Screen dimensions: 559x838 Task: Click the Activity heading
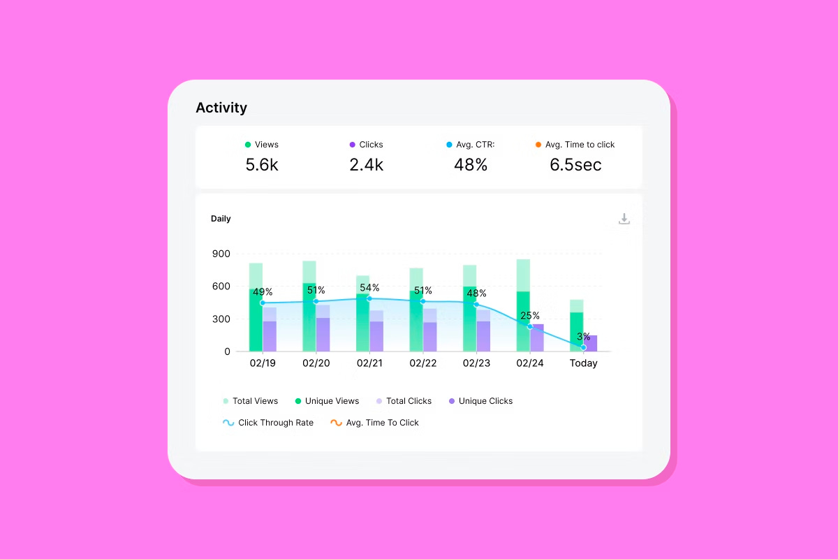(221, 108)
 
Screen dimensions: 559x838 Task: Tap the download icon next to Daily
(624, 219)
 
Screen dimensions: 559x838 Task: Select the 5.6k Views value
(262, 165)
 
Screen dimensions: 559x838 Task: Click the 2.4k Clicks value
(366, 165)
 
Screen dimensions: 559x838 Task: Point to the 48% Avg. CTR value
(471, 165)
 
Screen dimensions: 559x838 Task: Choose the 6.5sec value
(575, 165)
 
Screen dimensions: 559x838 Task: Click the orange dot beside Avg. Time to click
(538, 145)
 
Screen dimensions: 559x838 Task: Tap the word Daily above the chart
(221, 219)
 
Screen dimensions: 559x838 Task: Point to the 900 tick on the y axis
(221, 254)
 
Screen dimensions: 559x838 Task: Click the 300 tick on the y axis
(221, 319)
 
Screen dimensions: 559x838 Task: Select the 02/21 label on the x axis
(369, 363)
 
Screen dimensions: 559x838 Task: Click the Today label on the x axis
(583, 363)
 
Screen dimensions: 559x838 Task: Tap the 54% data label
(369, 287)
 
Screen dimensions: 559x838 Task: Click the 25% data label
(529, 316)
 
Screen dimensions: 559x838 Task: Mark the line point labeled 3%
(583, 347)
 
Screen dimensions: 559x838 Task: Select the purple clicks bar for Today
(591, 343)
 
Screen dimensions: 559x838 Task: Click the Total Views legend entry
(250, 401)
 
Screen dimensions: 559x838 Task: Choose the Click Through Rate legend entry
(268, 423)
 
